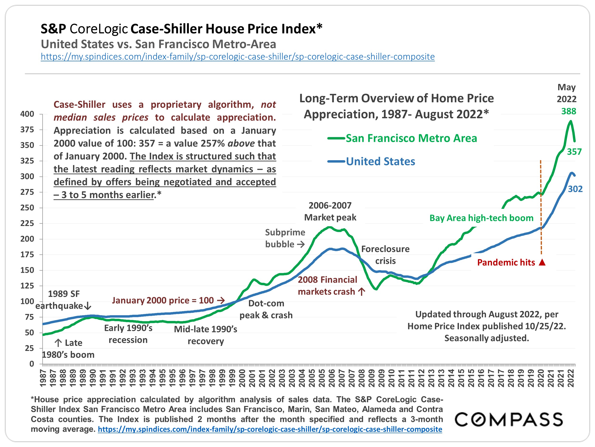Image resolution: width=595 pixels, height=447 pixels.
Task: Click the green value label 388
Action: point(569,111)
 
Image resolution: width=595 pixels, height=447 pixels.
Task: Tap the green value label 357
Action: point(574,152)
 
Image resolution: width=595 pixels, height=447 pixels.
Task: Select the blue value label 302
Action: point(575,189)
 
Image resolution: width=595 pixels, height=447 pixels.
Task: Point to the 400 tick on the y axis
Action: point(27,114)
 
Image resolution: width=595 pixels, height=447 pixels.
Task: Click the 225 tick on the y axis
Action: point(27,223)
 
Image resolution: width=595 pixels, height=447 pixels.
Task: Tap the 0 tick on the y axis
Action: point(32,364)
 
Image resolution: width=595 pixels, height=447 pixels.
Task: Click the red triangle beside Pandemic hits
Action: point(542,262)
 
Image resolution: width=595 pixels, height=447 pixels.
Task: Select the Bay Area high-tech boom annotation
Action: point(481,218)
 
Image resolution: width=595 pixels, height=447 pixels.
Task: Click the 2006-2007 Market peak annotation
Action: point(330,211)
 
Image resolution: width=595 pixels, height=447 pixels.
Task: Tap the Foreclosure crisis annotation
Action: point(385,255)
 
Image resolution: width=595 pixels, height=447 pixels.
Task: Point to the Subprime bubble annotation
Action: point(285,238)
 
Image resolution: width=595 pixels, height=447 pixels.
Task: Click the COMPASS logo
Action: point(509,420)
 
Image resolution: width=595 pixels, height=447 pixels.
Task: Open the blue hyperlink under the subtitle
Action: point(238,57)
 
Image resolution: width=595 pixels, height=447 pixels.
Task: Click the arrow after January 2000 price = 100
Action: point(221,300)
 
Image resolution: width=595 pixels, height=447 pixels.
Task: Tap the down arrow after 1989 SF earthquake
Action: point(88,306)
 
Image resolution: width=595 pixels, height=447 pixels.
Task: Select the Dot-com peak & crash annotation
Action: point(266,309)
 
